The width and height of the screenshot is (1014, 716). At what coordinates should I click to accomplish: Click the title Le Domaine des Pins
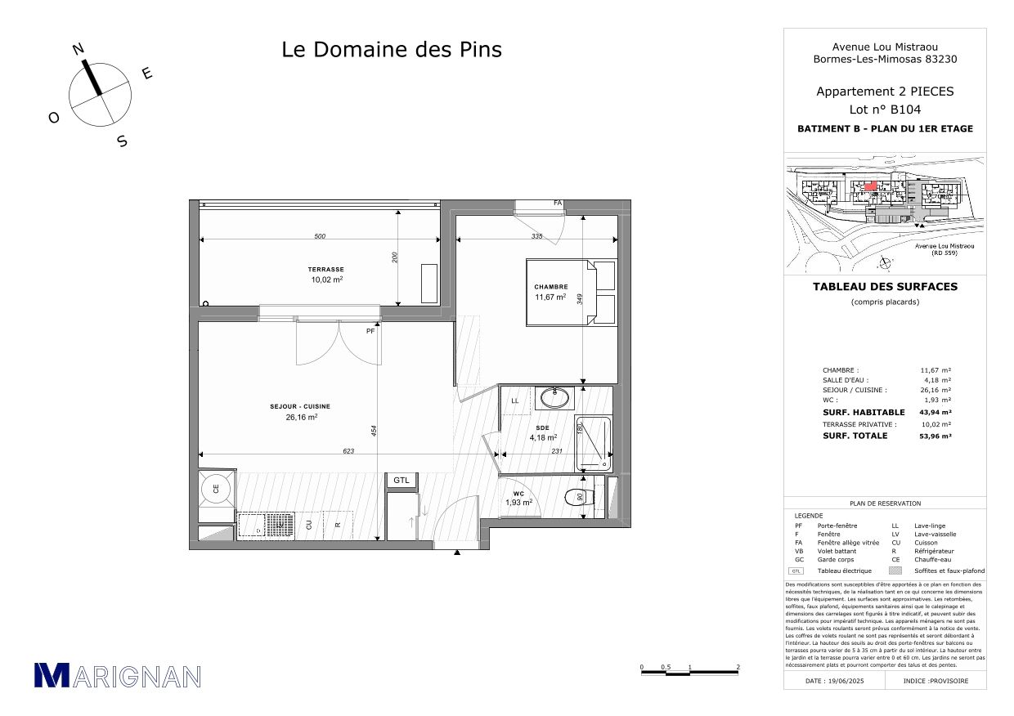(392, 50)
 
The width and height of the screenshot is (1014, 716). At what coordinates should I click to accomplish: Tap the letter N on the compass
(79, 49)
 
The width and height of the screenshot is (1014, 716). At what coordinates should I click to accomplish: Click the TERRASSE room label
(325, 269)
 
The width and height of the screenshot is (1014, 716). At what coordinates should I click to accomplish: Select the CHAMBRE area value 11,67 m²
(550, 298)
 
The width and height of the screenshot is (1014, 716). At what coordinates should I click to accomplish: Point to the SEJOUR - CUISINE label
(300, 406)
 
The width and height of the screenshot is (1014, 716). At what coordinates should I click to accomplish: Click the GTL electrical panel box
(402, 481)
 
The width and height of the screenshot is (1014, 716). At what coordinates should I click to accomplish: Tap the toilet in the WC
(578, 498)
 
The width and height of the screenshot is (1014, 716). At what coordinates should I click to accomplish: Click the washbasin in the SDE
(555, 399)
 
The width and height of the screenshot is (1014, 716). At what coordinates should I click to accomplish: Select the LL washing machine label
(515, 401)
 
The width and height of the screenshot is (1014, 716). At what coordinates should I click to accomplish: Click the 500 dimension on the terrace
(320, 236)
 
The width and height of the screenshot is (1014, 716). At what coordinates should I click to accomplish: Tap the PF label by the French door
(370, 332)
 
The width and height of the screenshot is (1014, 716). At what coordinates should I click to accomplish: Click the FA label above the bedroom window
(559, 203)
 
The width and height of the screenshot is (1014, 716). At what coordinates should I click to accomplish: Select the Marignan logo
(117, 675)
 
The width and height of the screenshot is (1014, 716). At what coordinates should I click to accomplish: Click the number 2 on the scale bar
(738, 667)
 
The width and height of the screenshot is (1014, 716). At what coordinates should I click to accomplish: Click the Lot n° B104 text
(884, 110)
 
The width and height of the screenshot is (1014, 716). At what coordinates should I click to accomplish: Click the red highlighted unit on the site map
(871, 186)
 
